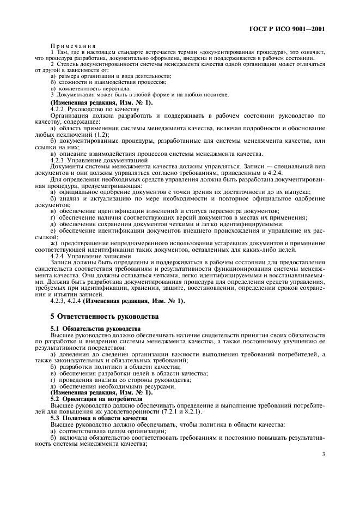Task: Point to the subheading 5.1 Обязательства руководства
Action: [x=95, y=329]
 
